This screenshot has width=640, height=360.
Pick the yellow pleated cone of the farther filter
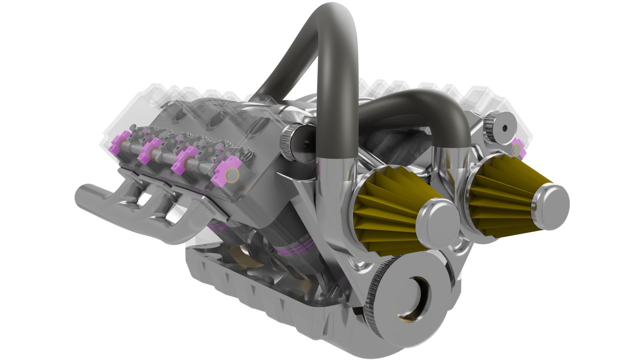(x=500, y=197)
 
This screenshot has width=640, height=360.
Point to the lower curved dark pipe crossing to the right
(x=417, y=100)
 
